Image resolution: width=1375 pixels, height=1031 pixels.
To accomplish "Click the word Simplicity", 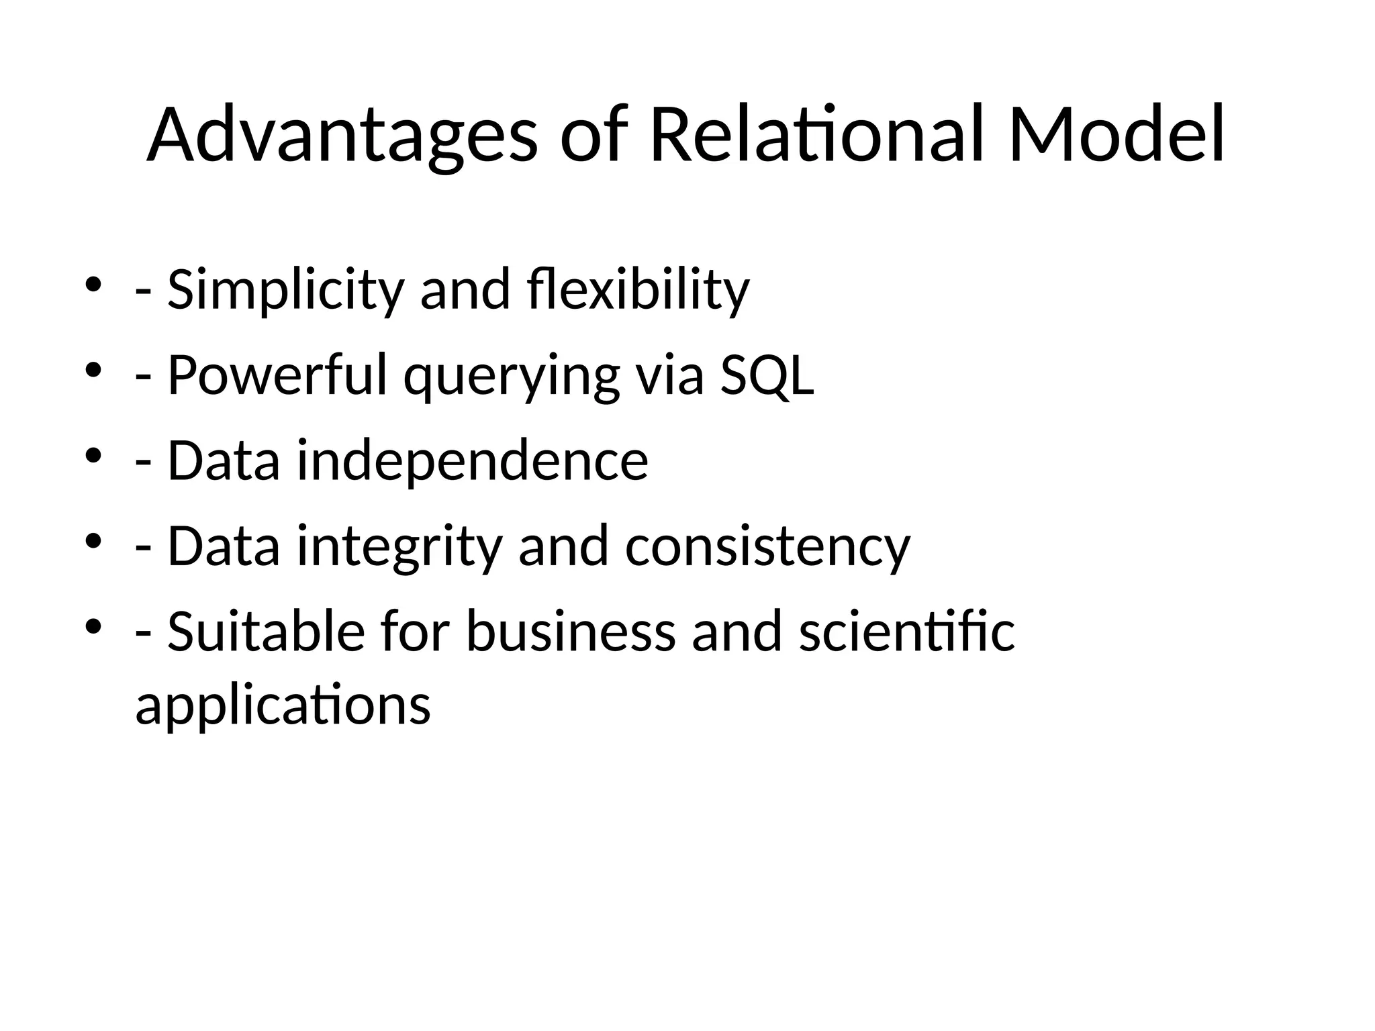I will [x=285, y=291].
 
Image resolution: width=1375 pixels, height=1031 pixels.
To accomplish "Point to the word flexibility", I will [x=638, y=291].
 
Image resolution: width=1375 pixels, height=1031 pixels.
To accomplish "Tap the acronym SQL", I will [x=767, y=376].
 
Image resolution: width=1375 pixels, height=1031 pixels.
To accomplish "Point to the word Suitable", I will [x=266, y=632].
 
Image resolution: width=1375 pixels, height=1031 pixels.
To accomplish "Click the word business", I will [x=571, y=632].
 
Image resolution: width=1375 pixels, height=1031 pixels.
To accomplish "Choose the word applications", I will [x=283, y=706].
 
